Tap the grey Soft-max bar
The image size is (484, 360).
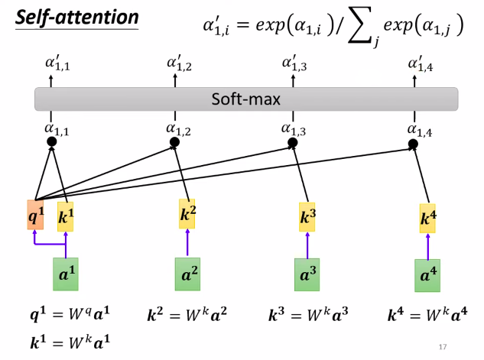tap(245, 99)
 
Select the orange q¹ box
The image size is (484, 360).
tap(35, 216)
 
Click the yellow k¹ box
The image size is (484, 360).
tap(66, 217)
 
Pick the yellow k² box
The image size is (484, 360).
tap(187, 213)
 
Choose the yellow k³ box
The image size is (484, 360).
tap(307, 216)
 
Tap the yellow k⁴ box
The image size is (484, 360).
tap(429, 218)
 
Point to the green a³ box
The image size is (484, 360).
tap(307, 274)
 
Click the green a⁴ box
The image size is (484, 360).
tap(428, 275)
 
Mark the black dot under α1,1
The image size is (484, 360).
tap(52, 142)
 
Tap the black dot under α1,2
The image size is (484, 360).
tap(174, 142)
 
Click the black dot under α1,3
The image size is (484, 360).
tap(292, 143)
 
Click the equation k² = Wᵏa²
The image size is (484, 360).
tap(188, 314)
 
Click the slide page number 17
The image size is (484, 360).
tap(443, 348)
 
